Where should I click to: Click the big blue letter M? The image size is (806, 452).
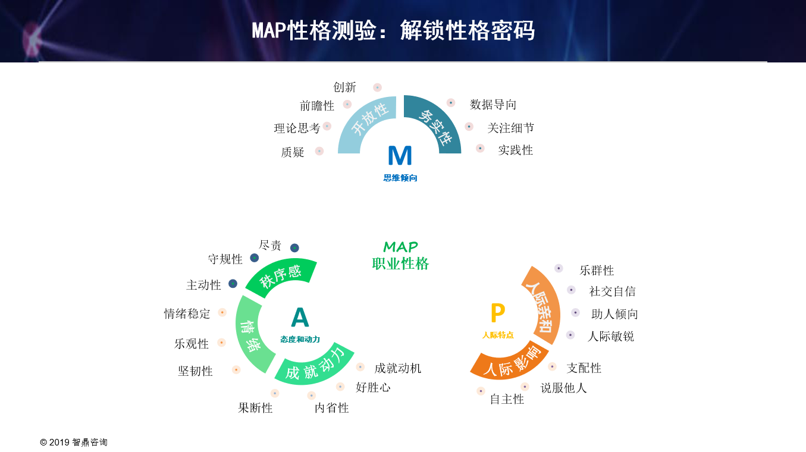point(400,155)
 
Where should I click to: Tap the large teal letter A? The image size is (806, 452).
point(300,318)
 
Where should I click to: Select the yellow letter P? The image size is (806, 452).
point(498,313)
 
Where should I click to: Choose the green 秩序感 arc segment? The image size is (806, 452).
point(281,276)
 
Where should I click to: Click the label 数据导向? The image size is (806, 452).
point(493,105)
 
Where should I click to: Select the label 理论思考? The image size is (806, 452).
point(297,128)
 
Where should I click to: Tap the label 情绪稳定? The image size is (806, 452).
point(187,313)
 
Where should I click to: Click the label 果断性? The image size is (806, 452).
point(255,408)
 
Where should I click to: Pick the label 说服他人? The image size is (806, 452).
point(563,388)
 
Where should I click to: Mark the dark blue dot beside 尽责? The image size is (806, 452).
point(294,247)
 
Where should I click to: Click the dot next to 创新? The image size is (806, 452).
point(377,87)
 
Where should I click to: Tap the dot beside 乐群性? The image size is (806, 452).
point(559,268)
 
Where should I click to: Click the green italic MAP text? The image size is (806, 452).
point(400,247)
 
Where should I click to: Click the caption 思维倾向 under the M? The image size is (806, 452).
point(400,178)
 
